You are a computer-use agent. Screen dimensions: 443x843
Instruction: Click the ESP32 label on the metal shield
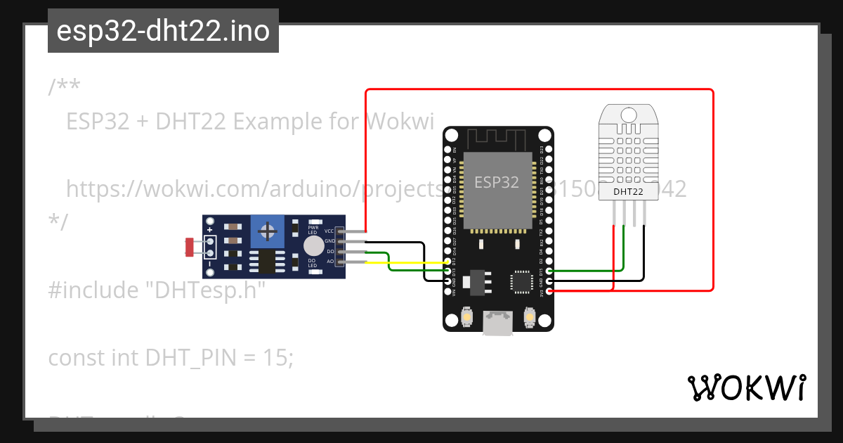(x=497, y=182)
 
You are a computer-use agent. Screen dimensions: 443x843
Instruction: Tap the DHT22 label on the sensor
(x=628, y=191)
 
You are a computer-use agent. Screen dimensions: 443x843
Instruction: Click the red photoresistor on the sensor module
(x=189, y=247)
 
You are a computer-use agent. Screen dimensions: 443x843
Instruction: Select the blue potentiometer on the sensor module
(x=266, y=231)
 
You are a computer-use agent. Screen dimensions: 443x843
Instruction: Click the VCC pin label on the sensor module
(x=329, y=231)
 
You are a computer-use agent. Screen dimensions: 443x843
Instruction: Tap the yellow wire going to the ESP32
(x=407, y=262)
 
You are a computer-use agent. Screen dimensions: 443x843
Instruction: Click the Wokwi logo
(x=746, y=387)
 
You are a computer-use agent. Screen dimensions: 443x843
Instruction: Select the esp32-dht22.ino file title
(x=163, y=31)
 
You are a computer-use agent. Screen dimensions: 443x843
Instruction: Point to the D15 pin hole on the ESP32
(x=549, y=271)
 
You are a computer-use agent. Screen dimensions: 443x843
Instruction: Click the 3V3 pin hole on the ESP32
(x=549, y=290)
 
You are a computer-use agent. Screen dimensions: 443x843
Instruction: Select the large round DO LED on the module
(x=313, y=245)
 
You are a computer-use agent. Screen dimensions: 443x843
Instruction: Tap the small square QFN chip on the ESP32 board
(x=521, y=281)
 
